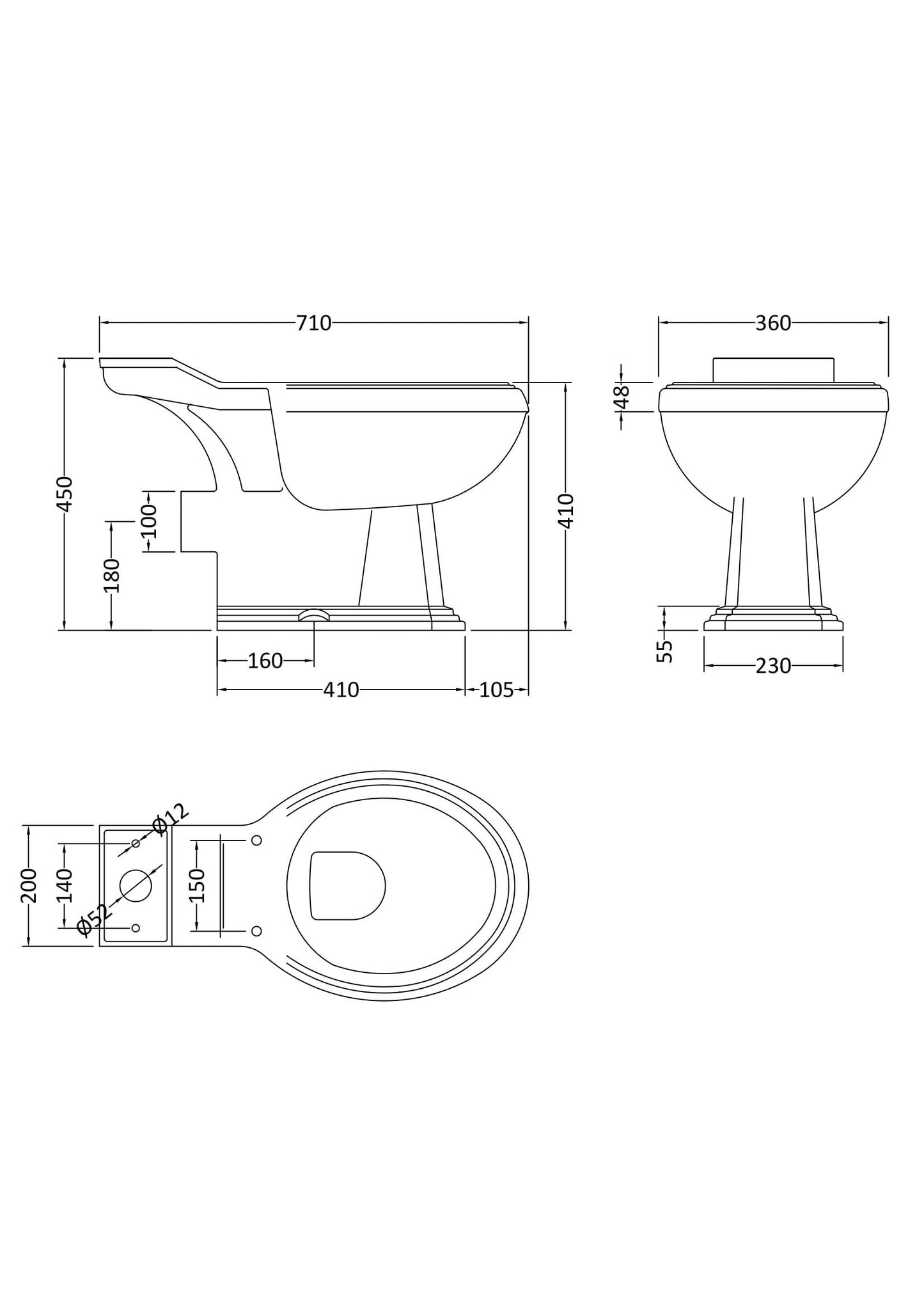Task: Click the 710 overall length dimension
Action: coord(313,323)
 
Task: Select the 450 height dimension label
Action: coord(65,493)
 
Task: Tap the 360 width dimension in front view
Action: coord(773,323)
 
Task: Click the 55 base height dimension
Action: coord(666,650)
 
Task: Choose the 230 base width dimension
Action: coord(773,666)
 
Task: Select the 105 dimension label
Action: coord(496,689)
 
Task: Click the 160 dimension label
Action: coord(265,661)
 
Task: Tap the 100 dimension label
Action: coord(148,521)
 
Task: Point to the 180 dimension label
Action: coord(112,576)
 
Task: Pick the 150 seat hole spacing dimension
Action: coord(197,885)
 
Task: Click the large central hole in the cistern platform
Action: coord(136,886)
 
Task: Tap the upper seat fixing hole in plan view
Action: coord(256,840)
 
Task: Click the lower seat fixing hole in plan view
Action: coord(256,930)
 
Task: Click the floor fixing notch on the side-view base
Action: coord(314,615)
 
